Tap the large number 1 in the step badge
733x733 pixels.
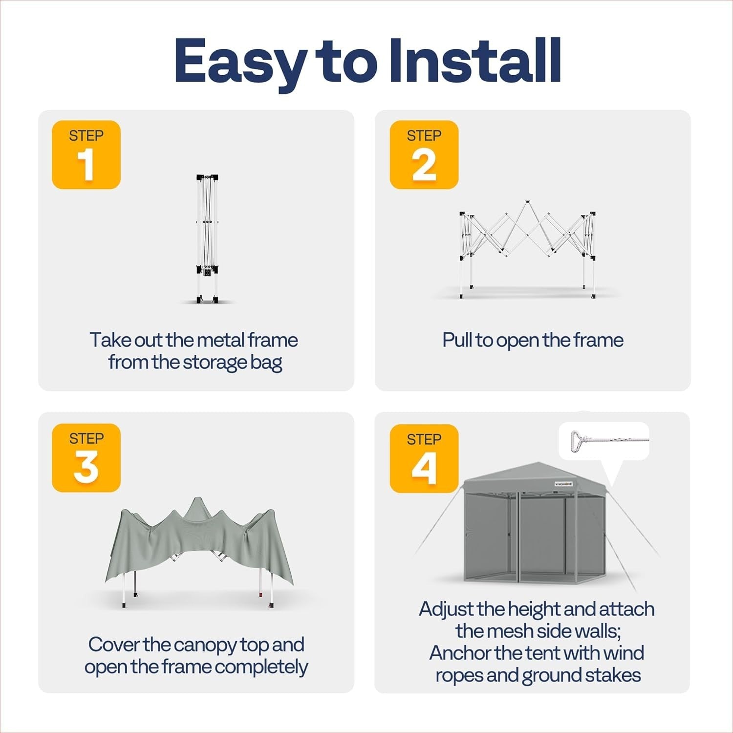coord(86,165)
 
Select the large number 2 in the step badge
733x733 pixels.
coord(424,165)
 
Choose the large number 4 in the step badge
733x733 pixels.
coord(424,469)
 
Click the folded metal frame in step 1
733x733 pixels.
coord(207,239)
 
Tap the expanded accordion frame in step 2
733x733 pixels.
coord(528,249)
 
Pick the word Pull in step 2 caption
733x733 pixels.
coord(457,340)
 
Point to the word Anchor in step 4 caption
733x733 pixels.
coord(460,653)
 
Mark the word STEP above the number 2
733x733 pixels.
coord(424,135)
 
